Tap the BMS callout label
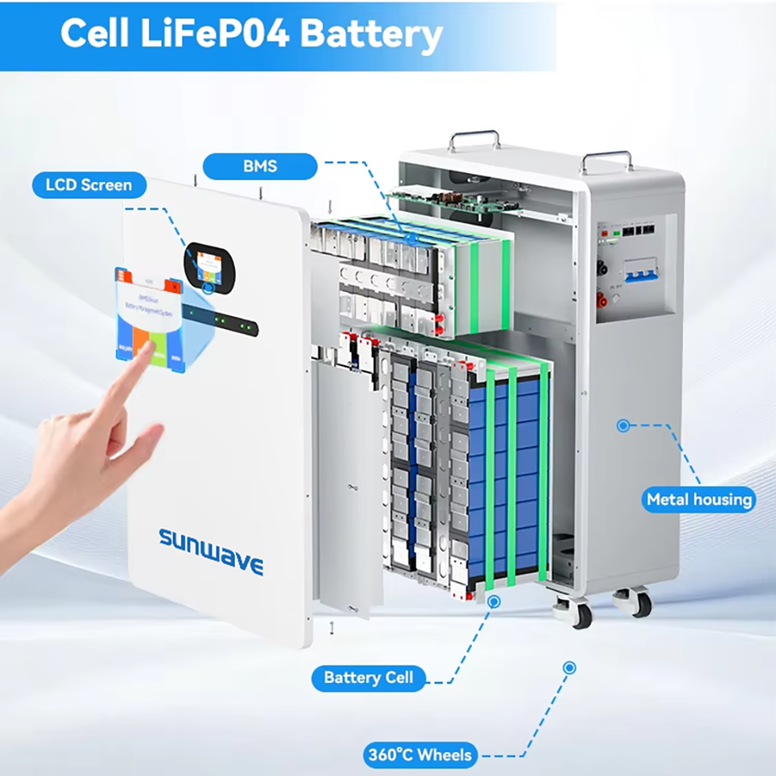(x=259, y=167)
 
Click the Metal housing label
(x=699, y=500)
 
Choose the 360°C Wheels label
(x=420, y=756)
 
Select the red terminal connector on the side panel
(x=602, y=301)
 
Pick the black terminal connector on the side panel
(x=602, y=267)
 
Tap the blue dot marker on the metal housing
(x=623, y=424)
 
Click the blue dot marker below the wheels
(x=569, y=668)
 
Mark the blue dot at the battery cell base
(x=494, y=601)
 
